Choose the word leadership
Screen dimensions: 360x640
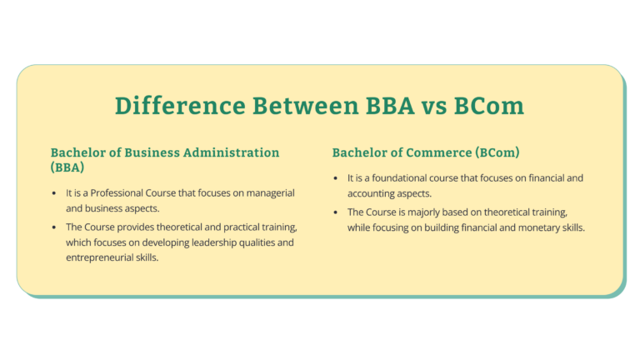[x=203, y=242]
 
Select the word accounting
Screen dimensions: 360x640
[x=374, y=193]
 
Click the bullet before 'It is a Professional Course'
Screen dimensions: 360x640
[x=54, y=193]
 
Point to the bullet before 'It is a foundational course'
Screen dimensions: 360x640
[x=336, y=178]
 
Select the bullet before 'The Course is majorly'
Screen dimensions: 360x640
[x=336, y=212]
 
